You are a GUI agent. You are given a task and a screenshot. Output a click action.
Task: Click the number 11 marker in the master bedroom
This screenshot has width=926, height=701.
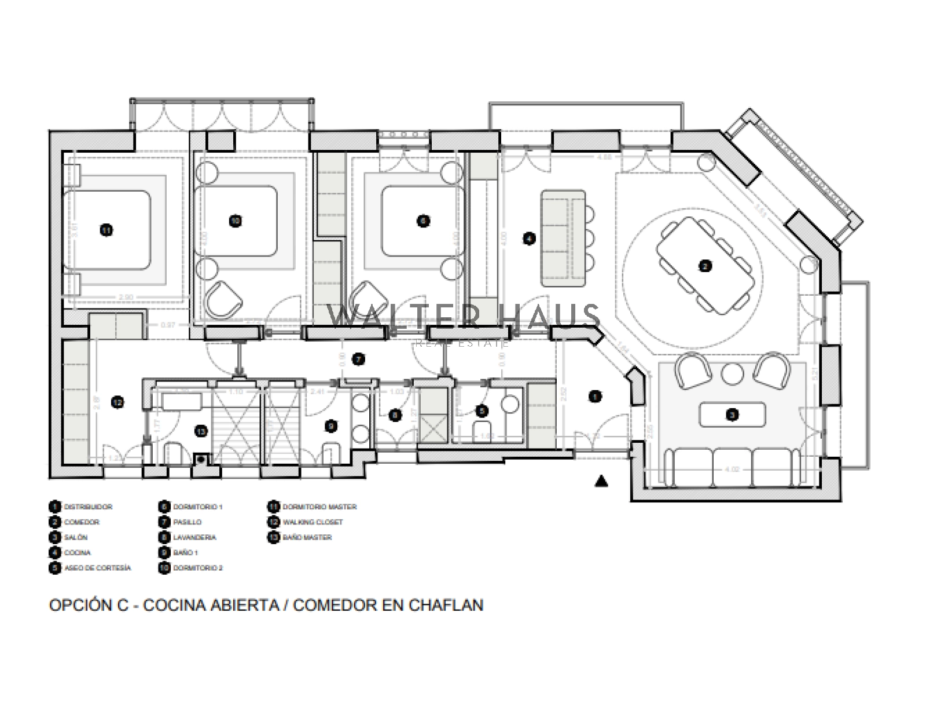pyautogui.click(x=106, y=230)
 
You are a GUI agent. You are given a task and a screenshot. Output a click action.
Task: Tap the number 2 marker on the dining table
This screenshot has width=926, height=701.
pyautogui.click(x=704, y=266)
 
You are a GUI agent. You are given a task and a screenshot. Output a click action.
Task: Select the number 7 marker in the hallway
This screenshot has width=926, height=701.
pyautogui.click(x=359, y=359)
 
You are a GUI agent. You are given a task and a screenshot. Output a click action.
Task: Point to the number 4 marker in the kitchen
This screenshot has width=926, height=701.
pyautogui.click(x=529, y=238)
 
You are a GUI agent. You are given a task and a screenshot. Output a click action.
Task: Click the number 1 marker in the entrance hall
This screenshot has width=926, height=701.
pyautogui.click(x=595, y=397)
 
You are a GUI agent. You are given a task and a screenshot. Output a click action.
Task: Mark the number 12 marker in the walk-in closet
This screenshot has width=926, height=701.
pyautogui.click(x=117, y=402)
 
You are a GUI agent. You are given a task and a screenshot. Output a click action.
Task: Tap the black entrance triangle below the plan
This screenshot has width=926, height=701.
pyautogui.click(x=602, y=480)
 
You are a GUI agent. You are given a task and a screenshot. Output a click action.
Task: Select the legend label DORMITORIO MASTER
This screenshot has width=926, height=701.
pyautogui.click(x=319, y=507)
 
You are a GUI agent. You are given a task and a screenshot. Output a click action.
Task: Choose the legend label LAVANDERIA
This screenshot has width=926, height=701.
pyautogui.click(x=194, y=538)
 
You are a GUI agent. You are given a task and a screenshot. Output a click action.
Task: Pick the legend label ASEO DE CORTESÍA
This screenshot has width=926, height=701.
pyautogui.click(x=98, y=568)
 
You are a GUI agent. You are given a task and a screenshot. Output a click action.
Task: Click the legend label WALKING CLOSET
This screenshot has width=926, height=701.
pyautogui.click(x=313, y=522)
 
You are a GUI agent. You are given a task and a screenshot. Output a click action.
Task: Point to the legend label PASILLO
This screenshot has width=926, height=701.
pyautogui.click(x=188, y=522)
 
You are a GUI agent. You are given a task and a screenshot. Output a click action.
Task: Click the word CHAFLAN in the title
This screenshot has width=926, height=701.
pyautogui.click(x=446, y=605)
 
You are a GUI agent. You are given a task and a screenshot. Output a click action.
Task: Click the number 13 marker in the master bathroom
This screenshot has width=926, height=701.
pyautogui.click(x=201, y=431)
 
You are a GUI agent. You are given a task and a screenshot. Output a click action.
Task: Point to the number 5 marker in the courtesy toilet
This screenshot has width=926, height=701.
pyautogui.click(x=482, y=411)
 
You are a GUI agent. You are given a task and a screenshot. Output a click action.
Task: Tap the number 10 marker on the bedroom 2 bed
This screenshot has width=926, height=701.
pyautogui.click(x=235, y=221)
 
